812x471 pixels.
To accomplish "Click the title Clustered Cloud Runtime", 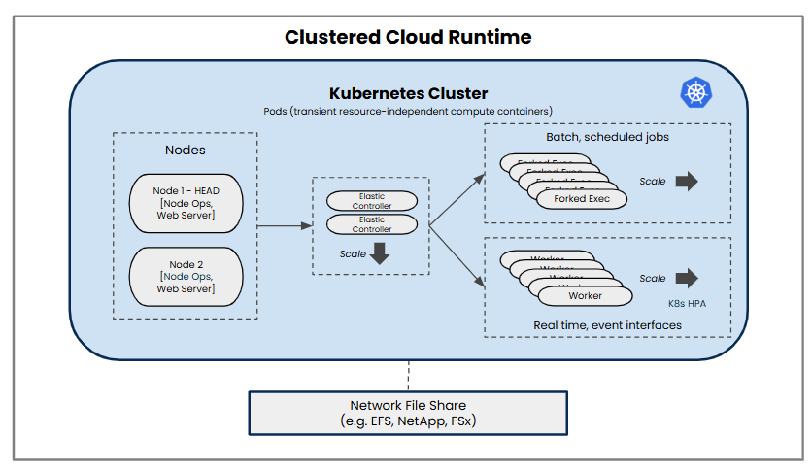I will [407, 38].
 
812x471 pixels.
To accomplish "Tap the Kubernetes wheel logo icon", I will [695, 93].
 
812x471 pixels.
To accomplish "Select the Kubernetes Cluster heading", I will [408, 93].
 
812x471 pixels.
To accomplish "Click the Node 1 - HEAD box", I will [186, 202].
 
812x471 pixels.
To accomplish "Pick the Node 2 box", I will [186, 276].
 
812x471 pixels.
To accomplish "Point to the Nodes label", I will [185, 151].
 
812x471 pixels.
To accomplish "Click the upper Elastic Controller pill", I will [372, 201].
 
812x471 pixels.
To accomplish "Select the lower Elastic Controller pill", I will [372, 224].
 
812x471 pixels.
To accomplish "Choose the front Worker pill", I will [585, 295].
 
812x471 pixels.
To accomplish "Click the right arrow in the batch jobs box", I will [687, 182].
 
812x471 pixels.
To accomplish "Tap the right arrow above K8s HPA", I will [687, 279].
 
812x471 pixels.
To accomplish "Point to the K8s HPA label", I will [687, 302].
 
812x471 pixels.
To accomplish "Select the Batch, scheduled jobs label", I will [607, 137].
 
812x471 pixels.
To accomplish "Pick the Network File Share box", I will [408, 414].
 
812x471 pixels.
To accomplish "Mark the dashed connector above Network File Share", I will [408, 374].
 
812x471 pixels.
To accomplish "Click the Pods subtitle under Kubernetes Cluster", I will [408, 111].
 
